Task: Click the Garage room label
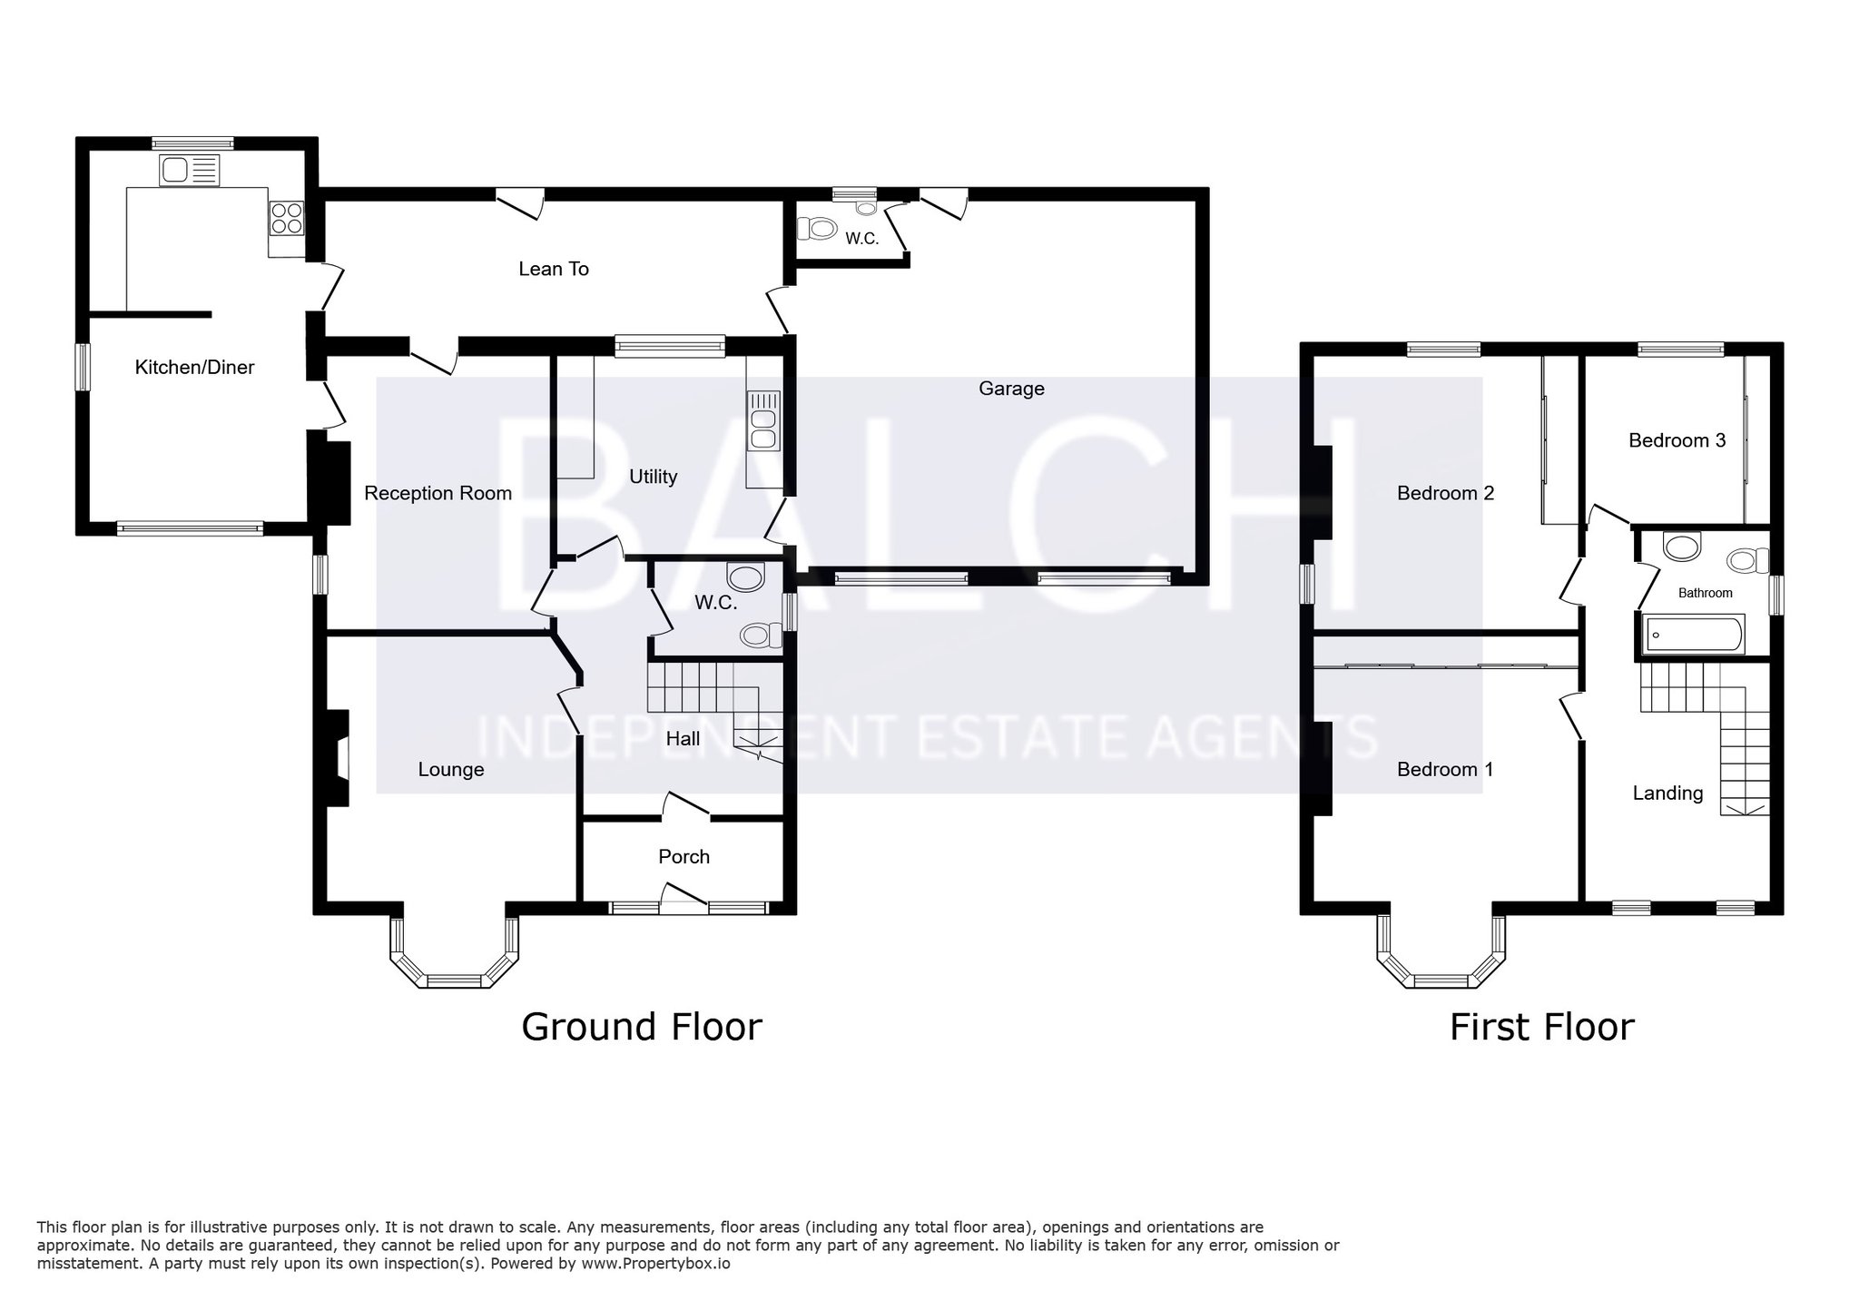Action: (x=1011, y=389)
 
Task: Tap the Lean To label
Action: (x=554, y=269)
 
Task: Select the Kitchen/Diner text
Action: (x=194, y=368)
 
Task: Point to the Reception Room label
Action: (x=438, y=493)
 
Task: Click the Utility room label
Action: (x=654, y=477)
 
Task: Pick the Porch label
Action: (x=684, y=856)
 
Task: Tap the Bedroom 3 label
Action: (x=1677, y=440)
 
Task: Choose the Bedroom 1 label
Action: (x=1445, y=769)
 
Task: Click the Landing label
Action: (x=1667, y=793)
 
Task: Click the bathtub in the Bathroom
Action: (x=1695, y=634)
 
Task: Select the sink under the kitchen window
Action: (x=190, y=170)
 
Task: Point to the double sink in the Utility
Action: (x=763, y=420)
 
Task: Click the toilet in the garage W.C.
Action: (x=816, y=227)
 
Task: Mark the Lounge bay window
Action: (x=455, y=952)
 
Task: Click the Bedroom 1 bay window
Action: (x=1441, y=952)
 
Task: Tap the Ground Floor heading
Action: (x=642, y=1027)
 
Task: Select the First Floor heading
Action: (x=1541, y=1027)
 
